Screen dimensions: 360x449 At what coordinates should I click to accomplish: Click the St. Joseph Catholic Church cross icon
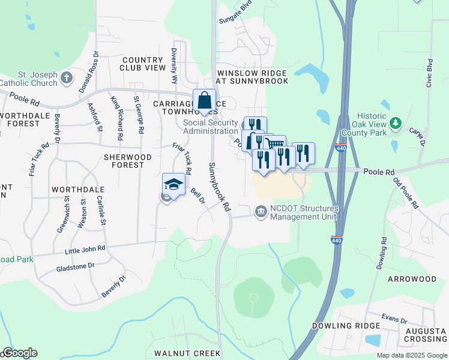[66, 77]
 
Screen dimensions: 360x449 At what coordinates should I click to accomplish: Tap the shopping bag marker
[204, 100]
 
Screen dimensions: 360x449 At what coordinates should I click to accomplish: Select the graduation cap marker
[173, 184]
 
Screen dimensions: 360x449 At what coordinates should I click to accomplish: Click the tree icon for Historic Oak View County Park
[395, 124]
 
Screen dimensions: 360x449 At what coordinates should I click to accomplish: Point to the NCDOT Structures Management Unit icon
[261, 211]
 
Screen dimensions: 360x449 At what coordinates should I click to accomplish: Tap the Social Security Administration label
[210, 127]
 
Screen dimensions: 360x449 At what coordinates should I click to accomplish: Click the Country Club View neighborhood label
[143, 64]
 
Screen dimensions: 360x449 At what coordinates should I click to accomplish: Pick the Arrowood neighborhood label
[412, 279]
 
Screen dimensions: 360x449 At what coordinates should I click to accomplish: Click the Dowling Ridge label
[346, 326]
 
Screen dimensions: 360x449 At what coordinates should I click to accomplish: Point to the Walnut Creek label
[187, 353]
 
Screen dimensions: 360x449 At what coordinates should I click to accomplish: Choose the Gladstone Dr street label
[75, 265]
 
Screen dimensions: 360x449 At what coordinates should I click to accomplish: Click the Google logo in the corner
[19, 353]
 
